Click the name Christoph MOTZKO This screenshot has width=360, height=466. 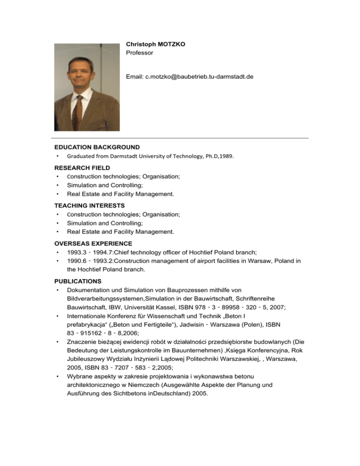click(155, 44)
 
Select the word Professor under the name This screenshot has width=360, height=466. click(140, 53)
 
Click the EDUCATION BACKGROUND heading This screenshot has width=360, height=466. click(97, 147)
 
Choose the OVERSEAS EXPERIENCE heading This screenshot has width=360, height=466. click(93, 243)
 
